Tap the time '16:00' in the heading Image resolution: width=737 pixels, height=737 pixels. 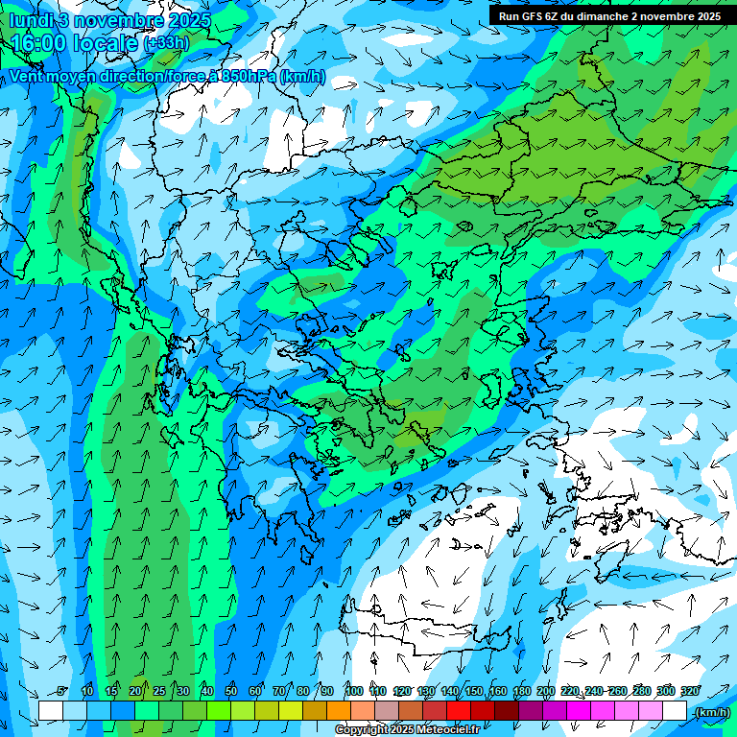44,42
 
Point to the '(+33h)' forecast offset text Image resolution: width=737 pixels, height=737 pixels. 166,43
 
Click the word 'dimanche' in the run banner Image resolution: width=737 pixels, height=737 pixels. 601,16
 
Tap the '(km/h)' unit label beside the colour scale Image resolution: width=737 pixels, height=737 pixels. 711,712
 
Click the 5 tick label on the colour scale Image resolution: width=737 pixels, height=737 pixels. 62,691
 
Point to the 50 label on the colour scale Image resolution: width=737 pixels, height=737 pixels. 231,691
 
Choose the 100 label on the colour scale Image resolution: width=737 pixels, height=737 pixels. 354,691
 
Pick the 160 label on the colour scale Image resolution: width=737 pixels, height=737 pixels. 498,691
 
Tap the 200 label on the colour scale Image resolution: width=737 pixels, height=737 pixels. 546,691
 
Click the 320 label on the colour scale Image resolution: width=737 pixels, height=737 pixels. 689,691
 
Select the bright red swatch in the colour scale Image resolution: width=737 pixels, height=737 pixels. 459,711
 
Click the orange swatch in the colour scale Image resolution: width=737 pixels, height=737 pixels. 339,711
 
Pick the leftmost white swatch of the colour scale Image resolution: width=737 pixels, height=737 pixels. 51,711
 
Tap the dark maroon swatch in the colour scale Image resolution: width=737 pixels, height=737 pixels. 507,711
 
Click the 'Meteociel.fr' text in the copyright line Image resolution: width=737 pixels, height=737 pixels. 450,730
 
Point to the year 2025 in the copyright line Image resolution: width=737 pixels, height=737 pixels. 401,730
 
